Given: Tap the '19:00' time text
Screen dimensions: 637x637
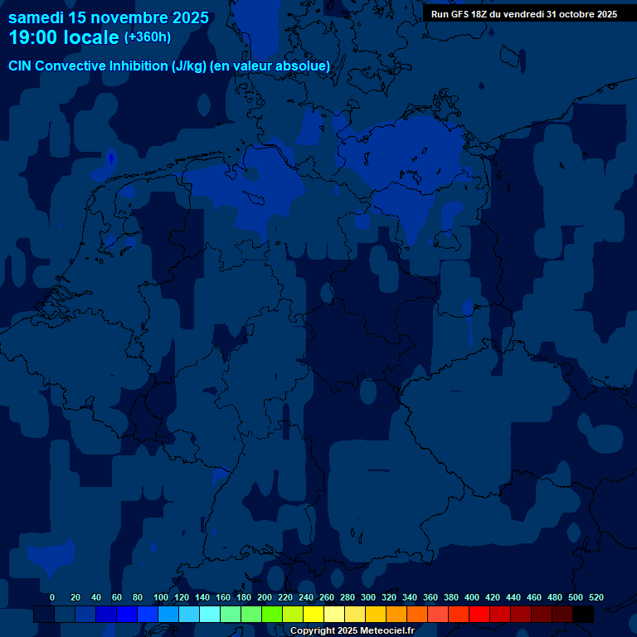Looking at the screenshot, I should [x=34, y=37].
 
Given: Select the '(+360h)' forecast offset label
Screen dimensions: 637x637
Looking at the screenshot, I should [x=148, y=37].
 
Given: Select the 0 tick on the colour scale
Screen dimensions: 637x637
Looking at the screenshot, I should [x=52, y=597].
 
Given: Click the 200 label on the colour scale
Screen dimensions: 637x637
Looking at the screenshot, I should [x=265, y=597].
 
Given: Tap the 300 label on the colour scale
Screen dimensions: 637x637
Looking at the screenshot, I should [x=368, y=597].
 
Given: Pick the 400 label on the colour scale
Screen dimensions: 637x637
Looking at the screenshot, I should [x=472, y=597].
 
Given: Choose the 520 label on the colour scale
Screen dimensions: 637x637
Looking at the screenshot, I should [x=596, y=597].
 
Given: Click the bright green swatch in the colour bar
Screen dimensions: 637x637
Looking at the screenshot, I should [x=272, y=615].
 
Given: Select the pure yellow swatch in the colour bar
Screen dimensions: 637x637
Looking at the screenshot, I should [x=314, y=615].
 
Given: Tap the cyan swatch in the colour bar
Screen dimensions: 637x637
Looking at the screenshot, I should [x=210, y=615].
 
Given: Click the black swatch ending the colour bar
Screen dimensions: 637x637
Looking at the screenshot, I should [x=583, y=615].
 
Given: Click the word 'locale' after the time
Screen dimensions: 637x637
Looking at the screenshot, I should [x=91, y=37].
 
